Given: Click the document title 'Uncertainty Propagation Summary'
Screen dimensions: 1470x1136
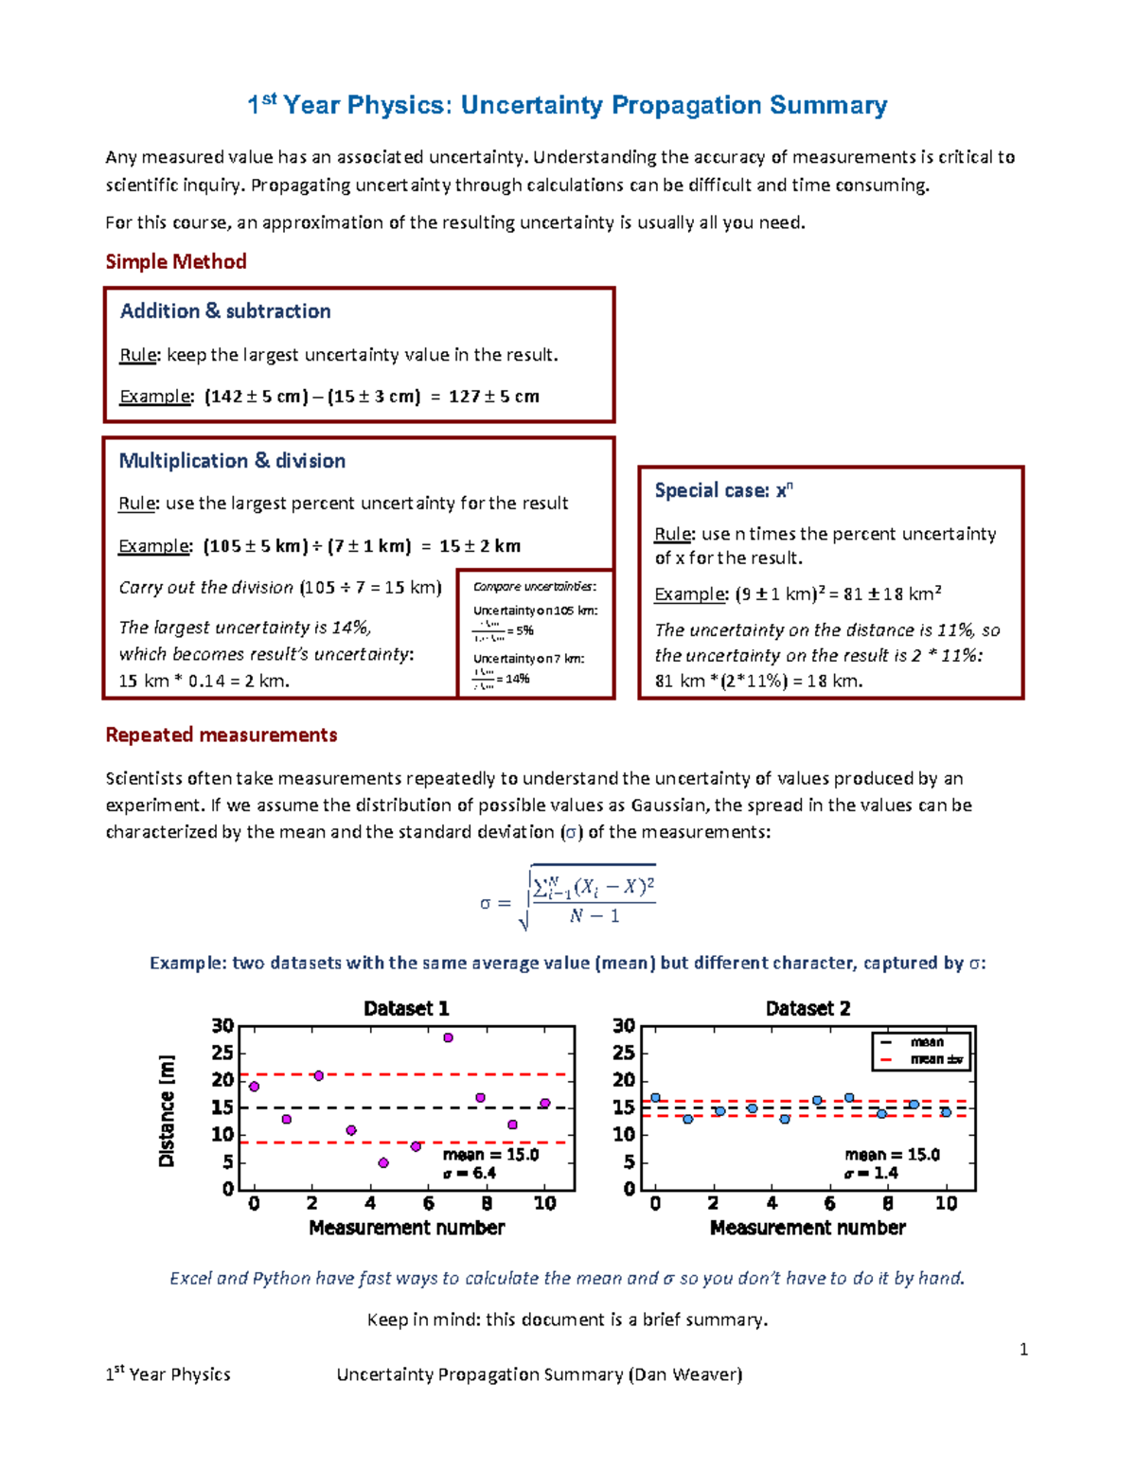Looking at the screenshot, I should (x=673, y=105).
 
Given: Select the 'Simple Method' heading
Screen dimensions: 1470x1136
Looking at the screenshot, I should (x=176, y=261).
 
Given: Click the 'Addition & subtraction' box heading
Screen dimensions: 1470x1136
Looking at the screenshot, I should (x=225, y=311).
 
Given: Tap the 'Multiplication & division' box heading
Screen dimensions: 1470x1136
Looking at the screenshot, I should (x=232, y=461).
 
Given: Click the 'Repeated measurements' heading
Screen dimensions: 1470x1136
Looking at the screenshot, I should (x=222, y=735).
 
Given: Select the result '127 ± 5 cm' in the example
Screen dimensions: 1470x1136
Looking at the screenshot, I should (x=493, y=397).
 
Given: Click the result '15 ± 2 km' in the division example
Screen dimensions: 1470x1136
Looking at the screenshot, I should (x=480, y=546).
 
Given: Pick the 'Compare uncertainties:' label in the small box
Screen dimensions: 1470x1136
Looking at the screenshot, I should (x=535, y=587).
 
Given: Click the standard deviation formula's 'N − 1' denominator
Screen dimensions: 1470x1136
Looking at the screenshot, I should (x=595, y=916).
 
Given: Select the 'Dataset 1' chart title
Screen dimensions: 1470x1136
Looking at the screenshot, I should (x=406, y=1008).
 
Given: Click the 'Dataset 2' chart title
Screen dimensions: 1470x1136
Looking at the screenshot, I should (x=808, y=1008).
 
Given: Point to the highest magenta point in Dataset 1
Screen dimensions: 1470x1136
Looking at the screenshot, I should (x=448, y=1037).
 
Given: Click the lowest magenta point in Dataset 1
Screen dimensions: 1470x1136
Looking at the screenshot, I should (x=383, y=1162).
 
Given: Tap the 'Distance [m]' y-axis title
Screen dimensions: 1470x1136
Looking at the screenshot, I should (x=167, y=1110).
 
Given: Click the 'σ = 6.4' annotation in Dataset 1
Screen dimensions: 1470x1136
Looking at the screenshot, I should (x=470, y=1173).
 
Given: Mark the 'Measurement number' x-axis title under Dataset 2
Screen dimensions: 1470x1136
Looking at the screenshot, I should (x=808, y=1228).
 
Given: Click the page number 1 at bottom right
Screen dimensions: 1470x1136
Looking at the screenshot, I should (x=1023, y=1349).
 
